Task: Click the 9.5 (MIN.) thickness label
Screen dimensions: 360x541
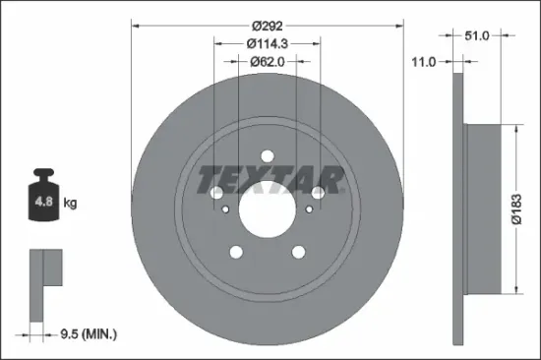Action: click(87, 334)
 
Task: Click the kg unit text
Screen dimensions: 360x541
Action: click(70, 204)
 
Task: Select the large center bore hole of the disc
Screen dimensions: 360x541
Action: click(268, 209)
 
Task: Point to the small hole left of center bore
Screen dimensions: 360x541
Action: click(225, 209)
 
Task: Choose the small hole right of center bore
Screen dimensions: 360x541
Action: click(311, 209)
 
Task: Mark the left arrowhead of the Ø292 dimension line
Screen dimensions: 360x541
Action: click(135, 27)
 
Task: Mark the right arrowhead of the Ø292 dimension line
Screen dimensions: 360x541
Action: click(401, 27)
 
